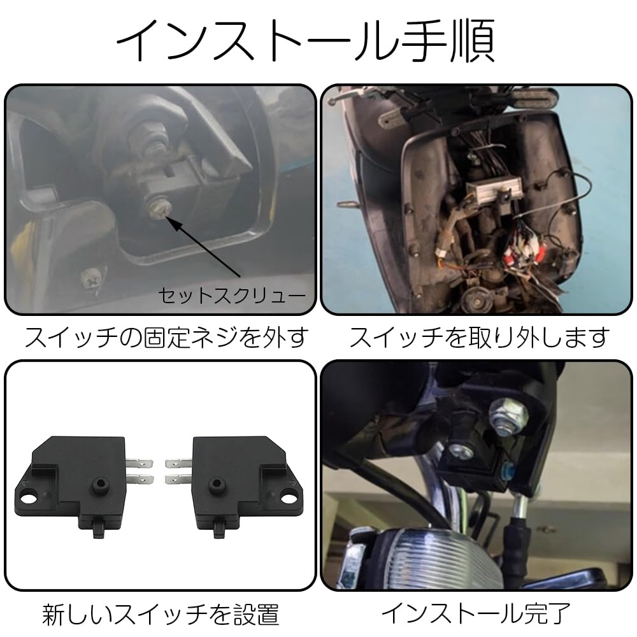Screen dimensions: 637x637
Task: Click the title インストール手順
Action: tap(305, 43)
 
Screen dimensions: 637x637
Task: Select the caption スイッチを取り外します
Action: tap(479, 337)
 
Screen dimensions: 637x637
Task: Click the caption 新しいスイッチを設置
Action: tap(161, 614)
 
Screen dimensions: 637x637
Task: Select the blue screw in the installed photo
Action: tap(507, 472)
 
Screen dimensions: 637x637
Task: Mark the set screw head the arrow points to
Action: tap(157, 208)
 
